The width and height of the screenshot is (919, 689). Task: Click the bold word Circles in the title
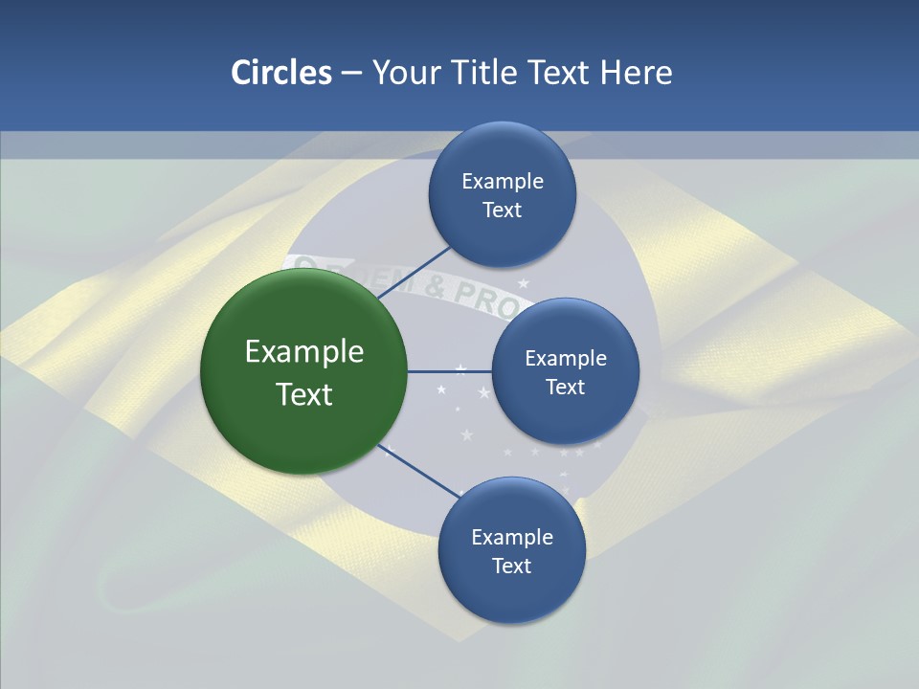tap(280, 73)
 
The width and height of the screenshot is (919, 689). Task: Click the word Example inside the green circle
tap(304, 352)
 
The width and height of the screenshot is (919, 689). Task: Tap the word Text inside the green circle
tap(304, 394)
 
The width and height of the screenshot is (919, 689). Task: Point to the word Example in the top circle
tap(503, 182)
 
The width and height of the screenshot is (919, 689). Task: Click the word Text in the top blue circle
tap(502, 211)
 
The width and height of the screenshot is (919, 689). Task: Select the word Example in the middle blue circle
tap(566, 359)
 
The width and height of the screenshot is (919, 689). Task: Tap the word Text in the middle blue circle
tap(565, 388)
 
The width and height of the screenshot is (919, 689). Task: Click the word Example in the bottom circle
tap(512, 538)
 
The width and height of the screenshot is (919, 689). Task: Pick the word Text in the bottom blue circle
tap(511, 567)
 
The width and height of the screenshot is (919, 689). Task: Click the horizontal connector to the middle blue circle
tap(449, 371)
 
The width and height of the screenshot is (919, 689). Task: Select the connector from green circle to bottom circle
tap(421, 471)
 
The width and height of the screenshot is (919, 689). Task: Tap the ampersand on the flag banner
tap(436, 285)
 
